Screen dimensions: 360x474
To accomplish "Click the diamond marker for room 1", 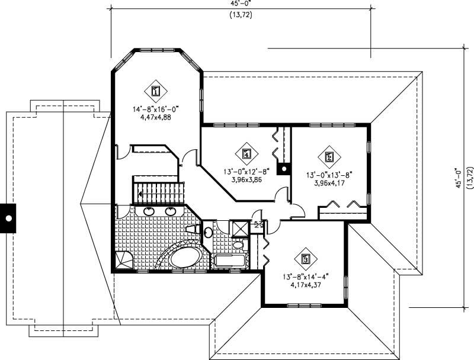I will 155,91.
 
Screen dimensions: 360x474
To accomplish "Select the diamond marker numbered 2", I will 329,157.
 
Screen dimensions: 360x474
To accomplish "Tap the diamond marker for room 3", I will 306,258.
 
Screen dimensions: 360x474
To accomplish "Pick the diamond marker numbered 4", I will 247,154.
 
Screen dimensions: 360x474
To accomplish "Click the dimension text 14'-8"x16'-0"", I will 156,109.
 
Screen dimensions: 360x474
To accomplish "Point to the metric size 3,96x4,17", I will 329,183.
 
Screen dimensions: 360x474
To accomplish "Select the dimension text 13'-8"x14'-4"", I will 306,276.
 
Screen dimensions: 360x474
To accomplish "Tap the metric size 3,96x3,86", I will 247,179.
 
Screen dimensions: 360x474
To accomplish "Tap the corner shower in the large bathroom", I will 124,259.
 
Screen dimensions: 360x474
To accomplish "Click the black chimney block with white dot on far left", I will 8,218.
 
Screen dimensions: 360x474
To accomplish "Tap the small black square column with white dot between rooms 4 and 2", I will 284,169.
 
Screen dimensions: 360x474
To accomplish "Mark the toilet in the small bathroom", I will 239,245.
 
